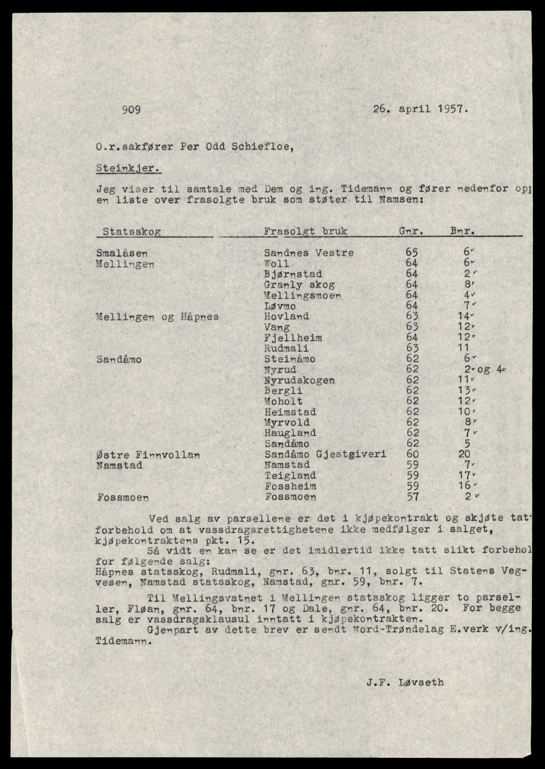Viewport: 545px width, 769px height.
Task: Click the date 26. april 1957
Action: click(420, 109)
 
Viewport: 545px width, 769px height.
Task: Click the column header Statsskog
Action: click(132, 232)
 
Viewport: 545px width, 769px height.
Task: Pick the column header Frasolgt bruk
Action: click(305, 232)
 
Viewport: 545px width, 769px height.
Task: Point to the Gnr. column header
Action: click(412, 232)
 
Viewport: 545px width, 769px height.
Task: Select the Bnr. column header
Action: click(462, 232)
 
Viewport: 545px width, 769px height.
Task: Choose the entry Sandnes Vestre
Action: click(309, 253)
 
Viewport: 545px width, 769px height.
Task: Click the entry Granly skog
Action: click(299, 285)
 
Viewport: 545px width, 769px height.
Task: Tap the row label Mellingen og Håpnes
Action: click(157, 317)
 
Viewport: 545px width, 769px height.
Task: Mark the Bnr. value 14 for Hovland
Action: click(463, 317)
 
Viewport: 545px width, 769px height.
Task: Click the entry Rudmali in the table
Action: click(286, 348)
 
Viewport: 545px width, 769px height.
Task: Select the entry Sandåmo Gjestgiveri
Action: click(325, 455)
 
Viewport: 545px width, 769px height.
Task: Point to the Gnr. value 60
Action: click(412, 455)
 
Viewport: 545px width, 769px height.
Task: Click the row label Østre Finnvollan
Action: click(148, 455)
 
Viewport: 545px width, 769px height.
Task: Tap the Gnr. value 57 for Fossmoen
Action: click(412, 497)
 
